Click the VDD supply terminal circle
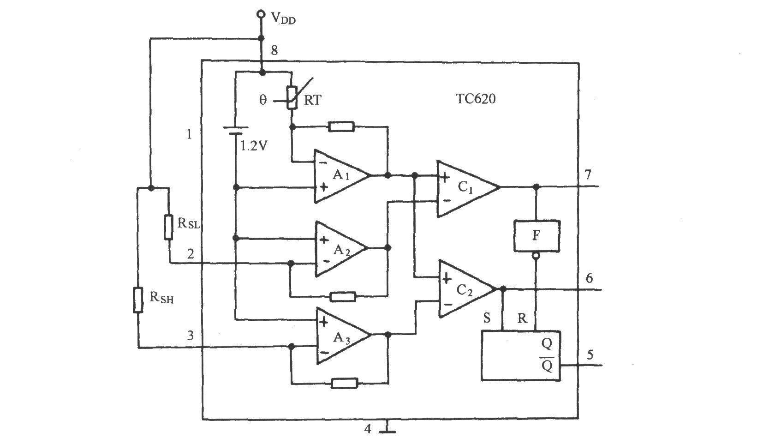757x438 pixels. [x=261, y=14]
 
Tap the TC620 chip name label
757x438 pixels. [x=476, y=99]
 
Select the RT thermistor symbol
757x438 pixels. [x=292, y=97]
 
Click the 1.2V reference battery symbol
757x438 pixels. [x=236, y=131]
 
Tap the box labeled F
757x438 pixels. [x=536, y=236]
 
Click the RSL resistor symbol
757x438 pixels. [x=169, y=227]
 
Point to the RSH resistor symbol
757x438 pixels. [x=137, y=300]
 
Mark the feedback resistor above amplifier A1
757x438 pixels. [x=341, y=127]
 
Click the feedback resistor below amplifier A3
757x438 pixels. [x=345, y=383]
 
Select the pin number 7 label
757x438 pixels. [x=588, y=174]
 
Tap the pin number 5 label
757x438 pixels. [x=590, y=354]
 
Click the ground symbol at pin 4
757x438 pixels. [x=387, y=428]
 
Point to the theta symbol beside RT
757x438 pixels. [x=263, y=99]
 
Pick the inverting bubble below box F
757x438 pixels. [x=536, y=255]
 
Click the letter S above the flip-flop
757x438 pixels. [x=487, y=318]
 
